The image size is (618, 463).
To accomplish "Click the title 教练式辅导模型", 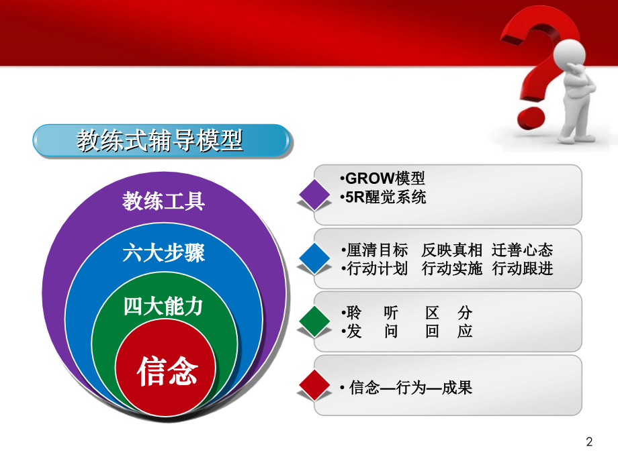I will pyautogui.click(x=160, y=142).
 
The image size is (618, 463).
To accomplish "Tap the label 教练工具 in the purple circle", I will pyautogui.click(x=164, y=201).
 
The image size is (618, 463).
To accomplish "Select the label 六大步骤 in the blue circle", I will pyautogui.click(x=164, y=254).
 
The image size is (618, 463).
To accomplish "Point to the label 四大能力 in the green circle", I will pyautogui.click(x=163, y=307).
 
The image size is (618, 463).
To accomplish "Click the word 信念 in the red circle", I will pyautogui.click(x=167, y=370).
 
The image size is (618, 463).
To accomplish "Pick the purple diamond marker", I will pyautogui.click(x=314, y=193).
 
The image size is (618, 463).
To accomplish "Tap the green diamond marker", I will pyautogui.click(x=314, y=321).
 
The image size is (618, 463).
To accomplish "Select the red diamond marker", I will pyautogui.click(x=314, y=385).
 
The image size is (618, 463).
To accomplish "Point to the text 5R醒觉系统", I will pyautogui.click(x=385, y=198).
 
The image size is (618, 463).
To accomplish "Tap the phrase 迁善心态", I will pyautogui.click(x=522, y=250).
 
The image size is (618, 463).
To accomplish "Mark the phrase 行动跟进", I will pyautogui.click(x=522, y=269).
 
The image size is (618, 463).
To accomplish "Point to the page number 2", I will pyautogui.click(x=590, y=442).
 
